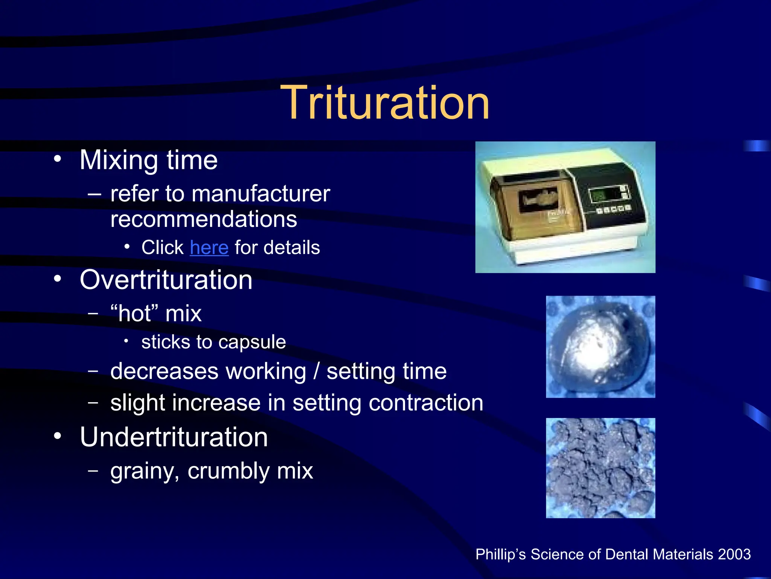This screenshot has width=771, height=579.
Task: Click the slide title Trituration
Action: coord(385,103)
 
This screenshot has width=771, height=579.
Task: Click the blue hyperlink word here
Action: coord(209,248)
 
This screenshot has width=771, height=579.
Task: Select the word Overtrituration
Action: coord(166,280)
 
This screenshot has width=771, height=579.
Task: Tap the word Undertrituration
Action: coord(174,437)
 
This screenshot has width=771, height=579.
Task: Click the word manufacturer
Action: coord(261,194)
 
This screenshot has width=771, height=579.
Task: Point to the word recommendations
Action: coord(204,219)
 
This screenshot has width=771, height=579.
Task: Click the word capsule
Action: coord(252,342)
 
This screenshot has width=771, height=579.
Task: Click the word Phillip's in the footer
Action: coord(500,554)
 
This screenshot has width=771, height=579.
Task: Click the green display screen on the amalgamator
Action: coord(598,195)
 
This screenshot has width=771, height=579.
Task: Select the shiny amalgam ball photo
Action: coord(600,347)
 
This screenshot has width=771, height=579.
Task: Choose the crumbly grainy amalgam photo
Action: coord(600,468)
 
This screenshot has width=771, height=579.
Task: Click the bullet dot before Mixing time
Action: coord(57,159)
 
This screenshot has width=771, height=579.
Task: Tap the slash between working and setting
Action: coord(317,371)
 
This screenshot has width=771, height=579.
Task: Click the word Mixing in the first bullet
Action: coord(119,160)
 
